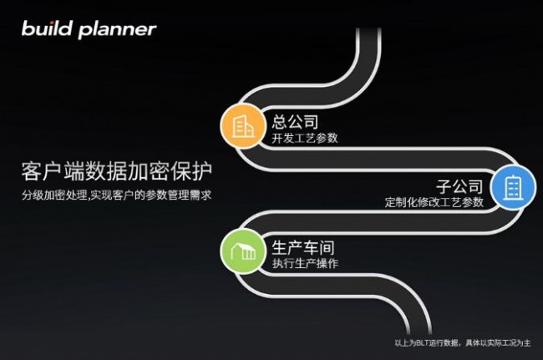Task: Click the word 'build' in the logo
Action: coord(47,28)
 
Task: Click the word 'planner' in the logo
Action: coord(118,30)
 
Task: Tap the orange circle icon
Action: coord(243,126)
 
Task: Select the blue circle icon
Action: coord(513,188)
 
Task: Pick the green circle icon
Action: coord(243,251)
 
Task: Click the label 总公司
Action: coord(295,122)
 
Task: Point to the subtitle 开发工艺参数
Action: coord(305,138)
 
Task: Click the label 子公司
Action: coord(459,186)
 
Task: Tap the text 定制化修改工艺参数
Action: coord(434,202)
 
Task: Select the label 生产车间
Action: coord(303,247)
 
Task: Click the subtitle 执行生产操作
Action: coord(305,263)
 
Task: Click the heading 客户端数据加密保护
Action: coord(117,171)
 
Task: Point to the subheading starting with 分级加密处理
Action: coord(116,195)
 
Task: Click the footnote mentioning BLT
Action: coord(463,342)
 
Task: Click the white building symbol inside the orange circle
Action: coord(243,126)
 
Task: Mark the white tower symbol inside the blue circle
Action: coord(513,188)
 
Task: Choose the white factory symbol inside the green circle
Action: coord(243,251)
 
